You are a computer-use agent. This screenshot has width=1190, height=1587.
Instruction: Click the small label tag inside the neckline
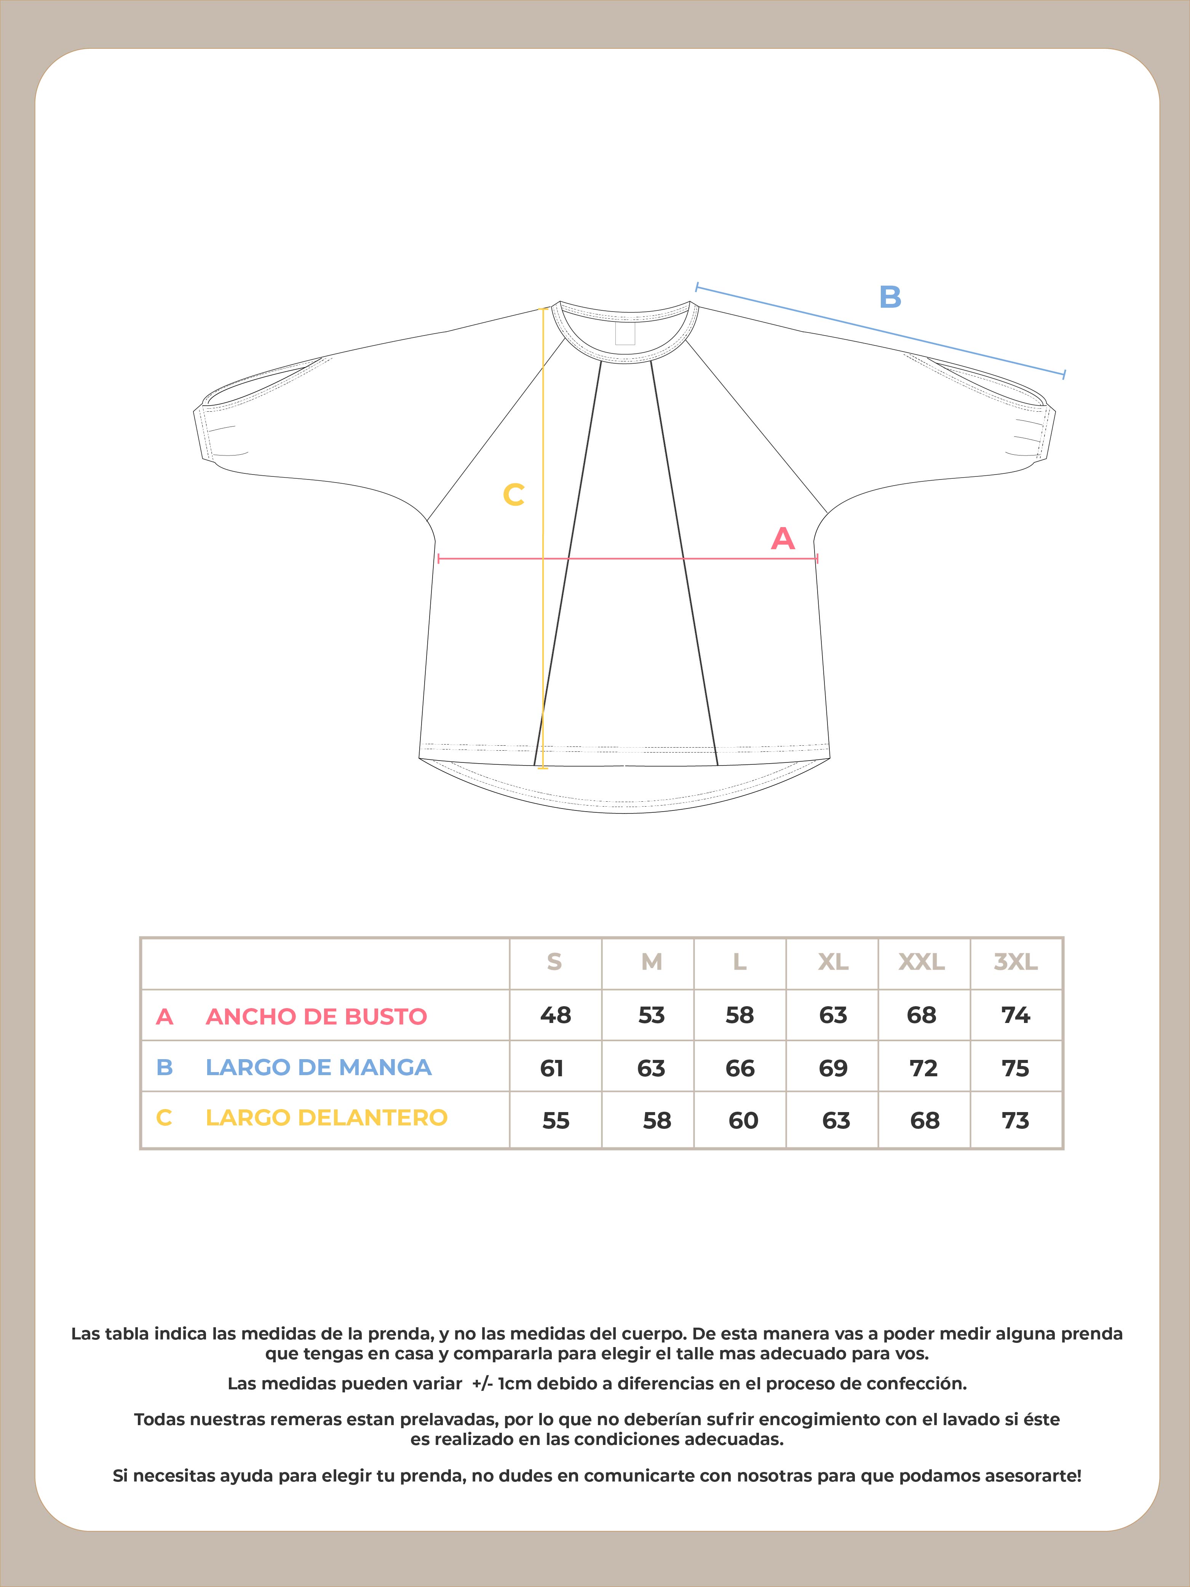coord(625,332)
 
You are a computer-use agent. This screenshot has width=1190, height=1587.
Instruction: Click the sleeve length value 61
coord(552,1068)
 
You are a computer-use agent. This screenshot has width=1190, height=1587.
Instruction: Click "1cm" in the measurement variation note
coord(514,1383)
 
